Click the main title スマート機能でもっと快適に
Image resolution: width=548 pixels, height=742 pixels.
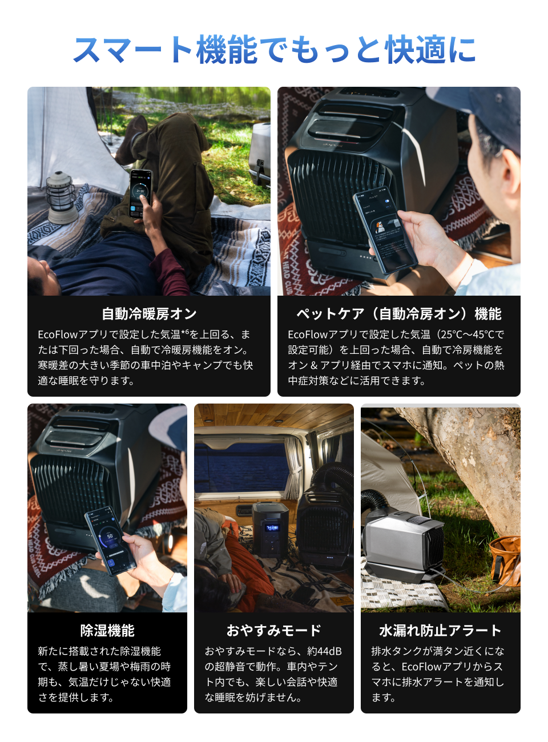(274, 50)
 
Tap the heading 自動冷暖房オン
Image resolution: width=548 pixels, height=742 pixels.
(149, 314)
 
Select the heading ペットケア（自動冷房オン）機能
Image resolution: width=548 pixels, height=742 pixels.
(398, 314)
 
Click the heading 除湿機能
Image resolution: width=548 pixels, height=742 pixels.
(107, 631)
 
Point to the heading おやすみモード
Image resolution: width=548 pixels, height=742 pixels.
(274, 631)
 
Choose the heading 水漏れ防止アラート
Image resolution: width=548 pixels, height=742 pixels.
(440, 631)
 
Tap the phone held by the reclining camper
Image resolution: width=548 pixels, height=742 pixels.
(140, 193)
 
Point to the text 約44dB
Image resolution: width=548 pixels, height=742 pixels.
(324, 651)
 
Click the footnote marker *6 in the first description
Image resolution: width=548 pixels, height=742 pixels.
(185, 333)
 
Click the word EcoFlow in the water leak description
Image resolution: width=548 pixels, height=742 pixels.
(422, 667)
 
